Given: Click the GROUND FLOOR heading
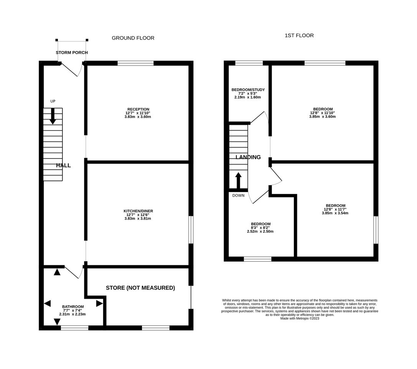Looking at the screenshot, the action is point(133,38).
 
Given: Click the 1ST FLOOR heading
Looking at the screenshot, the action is point(299,35).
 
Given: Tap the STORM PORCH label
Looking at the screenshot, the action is point(72,53).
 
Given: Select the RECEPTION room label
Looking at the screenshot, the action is point(138,109).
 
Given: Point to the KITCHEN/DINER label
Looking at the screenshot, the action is point(138,211).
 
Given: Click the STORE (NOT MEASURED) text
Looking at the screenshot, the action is point(140,288).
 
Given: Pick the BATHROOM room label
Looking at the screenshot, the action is point(73,307).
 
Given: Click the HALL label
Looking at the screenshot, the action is point(63,165).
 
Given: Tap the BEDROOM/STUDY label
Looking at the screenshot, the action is point(248,90).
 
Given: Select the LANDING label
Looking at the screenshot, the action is point(248,157).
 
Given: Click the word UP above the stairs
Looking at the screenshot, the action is point(53,101).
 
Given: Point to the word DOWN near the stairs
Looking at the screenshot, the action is point(238,195).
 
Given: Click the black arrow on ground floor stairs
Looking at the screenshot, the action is point(53,116).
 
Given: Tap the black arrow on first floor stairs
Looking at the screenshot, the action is point(238,180).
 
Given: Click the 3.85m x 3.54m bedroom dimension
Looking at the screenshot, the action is point(335,213).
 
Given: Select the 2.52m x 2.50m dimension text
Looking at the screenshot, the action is point(260,232).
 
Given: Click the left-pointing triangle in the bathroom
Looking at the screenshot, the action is point(47,303).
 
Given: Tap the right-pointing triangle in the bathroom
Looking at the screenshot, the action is point(99,303).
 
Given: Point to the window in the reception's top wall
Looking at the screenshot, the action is point(136,63).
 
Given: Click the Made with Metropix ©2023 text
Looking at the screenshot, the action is point(300,318).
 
